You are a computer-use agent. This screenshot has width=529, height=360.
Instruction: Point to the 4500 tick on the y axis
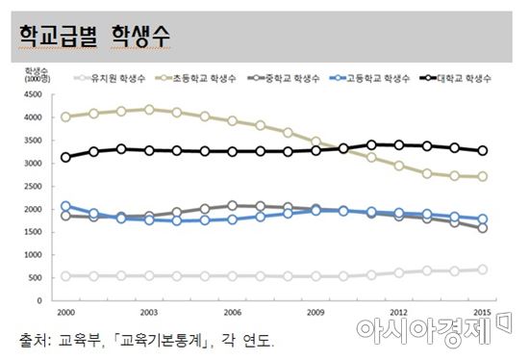click(x=36, y=94)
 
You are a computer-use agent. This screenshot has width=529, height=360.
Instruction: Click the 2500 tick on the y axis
click(x=36, y=186)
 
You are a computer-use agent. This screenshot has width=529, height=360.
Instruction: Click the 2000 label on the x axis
click(x=64, y=313)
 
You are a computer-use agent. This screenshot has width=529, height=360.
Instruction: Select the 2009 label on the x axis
click(x=315, y=313)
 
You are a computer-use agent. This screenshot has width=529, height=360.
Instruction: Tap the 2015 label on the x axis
click(x=483, y=313)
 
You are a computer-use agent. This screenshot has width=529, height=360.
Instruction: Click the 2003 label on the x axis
click(x=148, y=313)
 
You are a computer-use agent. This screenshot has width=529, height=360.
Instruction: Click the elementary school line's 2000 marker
click(x=64, y=116)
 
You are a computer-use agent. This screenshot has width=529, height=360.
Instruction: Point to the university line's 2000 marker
click(x=64, y=157)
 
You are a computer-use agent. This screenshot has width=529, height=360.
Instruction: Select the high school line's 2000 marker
click(x=64, y=206)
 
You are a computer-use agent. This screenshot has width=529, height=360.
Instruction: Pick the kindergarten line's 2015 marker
click(x=483, y=270)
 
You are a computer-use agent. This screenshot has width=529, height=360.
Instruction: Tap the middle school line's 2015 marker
click(x=483, y=228)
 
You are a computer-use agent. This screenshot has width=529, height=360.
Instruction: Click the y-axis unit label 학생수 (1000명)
click(x=38, y=74)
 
